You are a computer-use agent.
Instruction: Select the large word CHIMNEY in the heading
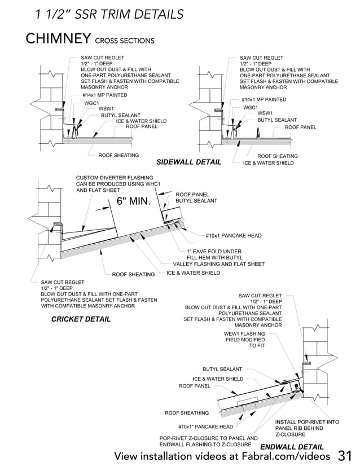coord(58,39)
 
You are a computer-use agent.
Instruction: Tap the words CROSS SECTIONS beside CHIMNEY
coord(124,41)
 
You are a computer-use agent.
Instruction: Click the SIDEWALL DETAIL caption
coord(188,162)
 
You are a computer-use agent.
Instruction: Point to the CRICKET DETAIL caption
coord(81,319)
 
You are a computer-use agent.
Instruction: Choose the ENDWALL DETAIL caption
coord(300,447)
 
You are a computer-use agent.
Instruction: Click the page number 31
coord(345,455)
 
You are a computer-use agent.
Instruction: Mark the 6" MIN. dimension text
coord(134,201)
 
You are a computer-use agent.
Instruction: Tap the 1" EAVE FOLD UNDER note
coord(214,251)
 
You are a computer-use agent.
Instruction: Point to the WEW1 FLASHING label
coord(244,333)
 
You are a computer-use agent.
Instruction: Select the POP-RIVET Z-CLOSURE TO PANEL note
coord(208,438)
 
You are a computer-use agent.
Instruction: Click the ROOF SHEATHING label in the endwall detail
coord(186,413)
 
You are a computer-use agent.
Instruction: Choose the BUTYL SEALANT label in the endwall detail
coord(222,369)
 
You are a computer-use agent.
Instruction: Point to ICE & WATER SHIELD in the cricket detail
coord(193,273)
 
